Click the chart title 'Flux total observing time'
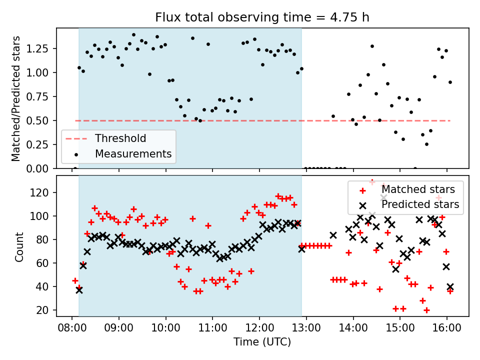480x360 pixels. (262, 17)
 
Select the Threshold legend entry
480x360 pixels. (120, 138)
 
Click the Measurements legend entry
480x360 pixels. (133, 153)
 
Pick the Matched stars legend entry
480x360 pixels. (418, 189)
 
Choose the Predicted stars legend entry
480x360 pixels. (420, 204)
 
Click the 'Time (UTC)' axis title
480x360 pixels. (262, 342)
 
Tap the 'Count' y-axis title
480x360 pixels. (19, 246)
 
